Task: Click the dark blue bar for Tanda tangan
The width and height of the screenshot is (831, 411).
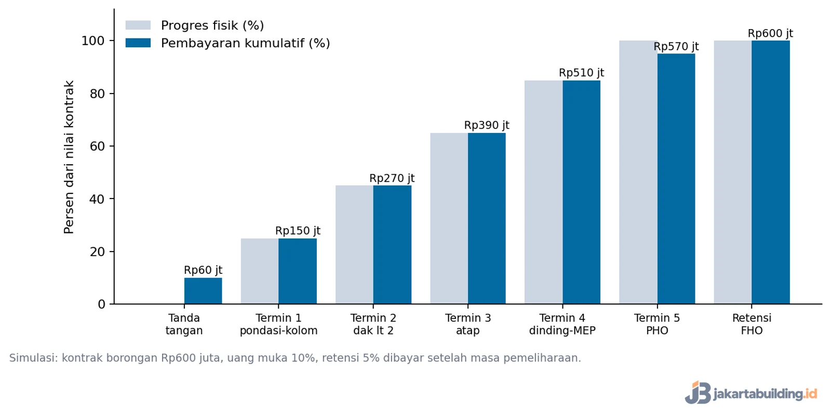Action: tap(203, 290)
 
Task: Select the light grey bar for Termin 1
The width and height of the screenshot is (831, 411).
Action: tap(260, 271)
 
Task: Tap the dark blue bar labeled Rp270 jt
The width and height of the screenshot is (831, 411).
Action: tap(392, 245)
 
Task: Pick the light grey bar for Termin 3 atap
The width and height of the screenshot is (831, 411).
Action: tap(449, 218)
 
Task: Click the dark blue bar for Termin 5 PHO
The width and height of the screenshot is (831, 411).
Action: tap(676, 179)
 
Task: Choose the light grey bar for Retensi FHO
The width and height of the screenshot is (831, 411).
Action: tap(733, 173)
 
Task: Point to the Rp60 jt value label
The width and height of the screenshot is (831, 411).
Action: tap(203, 270)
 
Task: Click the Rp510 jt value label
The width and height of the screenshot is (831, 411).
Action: tap(581, 73)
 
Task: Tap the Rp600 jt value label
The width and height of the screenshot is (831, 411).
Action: tap(771, 33)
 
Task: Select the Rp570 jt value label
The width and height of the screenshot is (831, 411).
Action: tap(676, 46)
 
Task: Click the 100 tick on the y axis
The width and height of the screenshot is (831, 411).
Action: tap(93, 41)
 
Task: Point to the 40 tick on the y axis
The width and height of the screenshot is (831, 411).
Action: tap(97, 199)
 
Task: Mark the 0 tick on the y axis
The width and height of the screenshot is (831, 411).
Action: tap(101, 304)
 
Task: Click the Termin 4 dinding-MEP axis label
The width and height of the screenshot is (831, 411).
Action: tap(562, 324)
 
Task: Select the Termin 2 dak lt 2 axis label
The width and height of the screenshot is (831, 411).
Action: tap(373, 324)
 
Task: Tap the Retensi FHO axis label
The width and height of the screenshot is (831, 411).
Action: tap(752, 324)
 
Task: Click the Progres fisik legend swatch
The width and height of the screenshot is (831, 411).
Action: tap(138, 25)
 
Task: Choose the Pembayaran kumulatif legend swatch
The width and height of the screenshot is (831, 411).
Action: tap(138, 43)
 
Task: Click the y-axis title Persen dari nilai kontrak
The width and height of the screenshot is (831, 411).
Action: tap(69, 157)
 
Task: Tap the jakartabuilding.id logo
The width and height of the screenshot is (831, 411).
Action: tap(751, 392)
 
